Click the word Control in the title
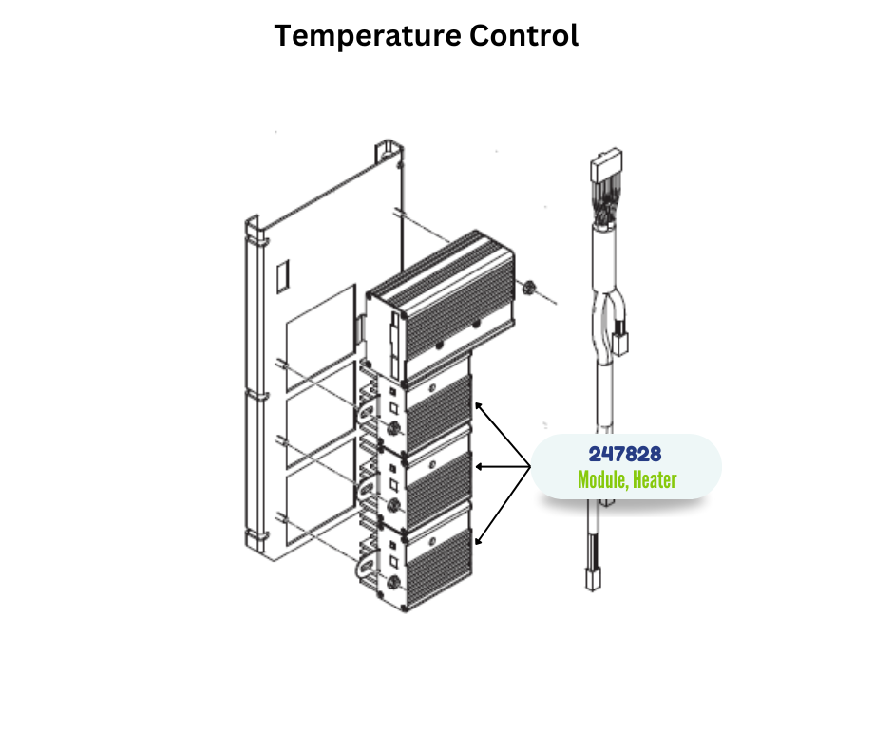(524, 35)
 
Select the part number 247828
(625, 455)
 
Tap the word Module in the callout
(603, 480)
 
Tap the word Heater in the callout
(655, 480)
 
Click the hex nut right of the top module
(528, 287)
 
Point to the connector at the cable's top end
(606, 164)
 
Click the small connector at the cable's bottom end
(593, 579)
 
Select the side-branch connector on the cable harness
(619, 344)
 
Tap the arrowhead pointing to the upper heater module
(479, 405)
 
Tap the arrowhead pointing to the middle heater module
(479, 467)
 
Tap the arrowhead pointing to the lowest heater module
(479, 541)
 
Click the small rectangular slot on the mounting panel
(282, 276)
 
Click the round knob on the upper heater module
(392, 429)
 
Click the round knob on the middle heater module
(392, 505)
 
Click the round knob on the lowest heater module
(392, 583)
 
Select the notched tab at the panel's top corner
(389, 150)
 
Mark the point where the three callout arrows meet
(530, 467)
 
